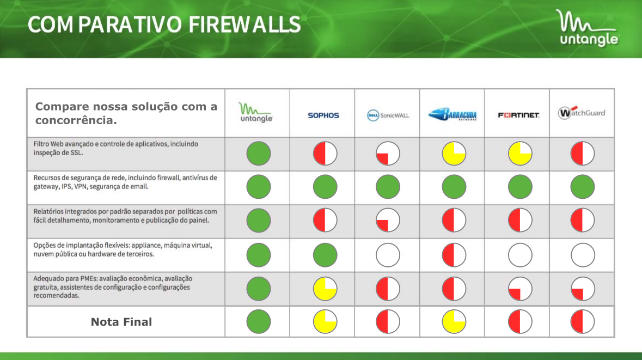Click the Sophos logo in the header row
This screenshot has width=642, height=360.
point(323,115)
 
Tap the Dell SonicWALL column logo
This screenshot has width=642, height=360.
point(388,115)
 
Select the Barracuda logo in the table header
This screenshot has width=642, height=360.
point(453,115)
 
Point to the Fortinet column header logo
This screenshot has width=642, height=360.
point(518,115)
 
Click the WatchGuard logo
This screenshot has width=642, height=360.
point(582,113)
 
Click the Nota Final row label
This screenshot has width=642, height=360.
point(121,322)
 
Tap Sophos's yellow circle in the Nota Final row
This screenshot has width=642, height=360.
point(325,321)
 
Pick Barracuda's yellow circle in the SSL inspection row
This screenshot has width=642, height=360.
point(454,154)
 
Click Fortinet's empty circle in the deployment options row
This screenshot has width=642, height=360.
point(520,255)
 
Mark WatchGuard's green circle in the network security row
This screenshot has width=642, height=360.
point(582,187)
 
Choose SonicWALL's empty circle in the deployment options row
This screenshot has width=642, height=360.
point(388,255)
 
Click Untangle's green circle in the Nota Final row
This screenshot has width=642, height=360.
point(259,321)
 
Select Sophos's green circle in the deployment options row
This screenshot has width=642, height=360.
point(325,255)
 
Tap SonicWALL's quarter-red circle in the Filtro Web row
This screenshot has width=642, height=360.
point(388,154)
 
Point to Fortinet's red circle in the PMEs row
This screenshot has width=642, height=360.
point(520,289)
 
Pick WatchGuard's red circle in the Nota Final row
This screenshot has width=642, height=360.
point(582,321)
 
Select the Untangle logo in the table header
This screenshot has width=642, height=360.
point(256,113)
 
